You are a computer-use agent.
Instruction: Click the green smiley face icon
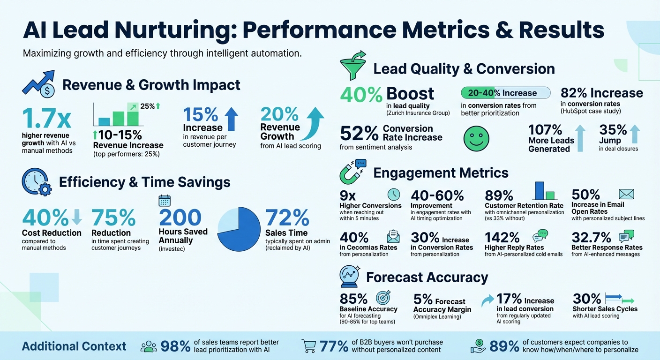point(476,139)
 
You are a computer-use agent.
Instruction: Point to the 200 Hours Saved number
point(180,218)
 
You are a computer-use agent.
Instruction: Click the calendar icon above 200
point(165,201)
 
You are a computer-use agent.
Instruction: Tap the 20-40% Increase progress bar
point(505,93)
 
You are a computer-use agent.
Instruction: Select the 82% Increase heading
point(601,93)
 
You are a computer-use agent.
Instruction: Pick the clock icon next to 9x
point(394,195)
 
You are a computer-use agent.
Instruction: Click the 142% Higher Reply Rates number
point(502,238)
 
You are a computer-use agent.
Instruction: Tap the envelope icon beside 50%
point(626,194)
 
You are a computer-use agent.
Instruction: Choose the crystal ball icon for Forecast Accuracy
point(350,277)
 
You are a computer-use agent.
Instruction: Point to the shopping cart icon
point(309,346)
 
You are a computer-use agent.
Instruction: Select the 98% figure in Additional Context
point(175,347)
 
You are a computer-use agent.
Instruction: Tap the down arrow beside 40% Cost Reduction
point(77,216)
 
